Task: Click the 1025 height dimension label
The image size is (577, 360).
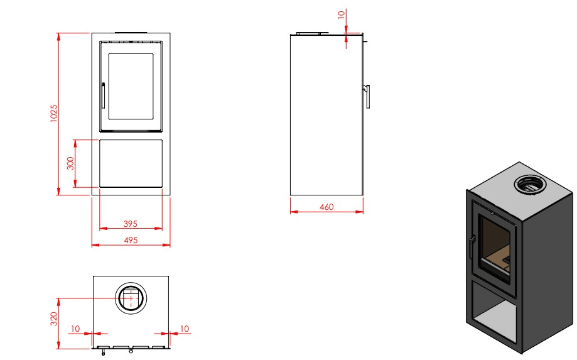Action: pos(54,113)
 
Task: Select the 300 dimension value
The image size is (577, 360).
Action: pos(70,163)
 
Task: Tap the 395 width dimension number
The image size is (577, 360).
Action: pos(130,224)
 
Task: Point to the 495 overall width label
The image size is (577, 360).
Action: pos(131,240)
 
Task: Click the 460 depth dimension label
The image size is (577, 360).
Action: pos(326,207)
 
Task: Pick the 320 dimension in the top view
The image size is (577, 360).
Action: pos(54,319)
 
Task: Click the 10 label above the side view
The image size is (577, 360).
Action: pos(342,14)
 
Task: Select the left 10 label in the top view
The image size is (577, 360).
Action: pos(75,329)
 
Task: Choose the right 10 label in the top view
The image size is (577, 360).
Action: pos(185,329)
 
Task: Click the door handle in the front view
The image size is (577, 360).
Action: pos(103,95)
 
